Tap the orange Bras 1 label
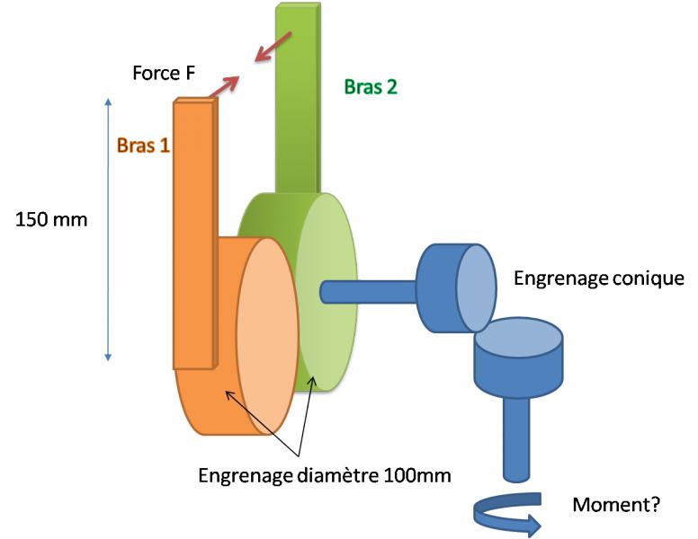142,145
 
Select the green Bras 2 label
370,87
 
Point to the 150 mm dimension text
52,218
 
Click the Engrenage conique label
598,278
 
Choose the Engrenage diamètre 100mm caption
325,473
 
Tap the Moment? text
616,505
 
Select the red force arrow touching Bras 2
273,47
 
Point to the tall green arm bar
298,99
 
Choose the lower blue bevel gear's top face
519,342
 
